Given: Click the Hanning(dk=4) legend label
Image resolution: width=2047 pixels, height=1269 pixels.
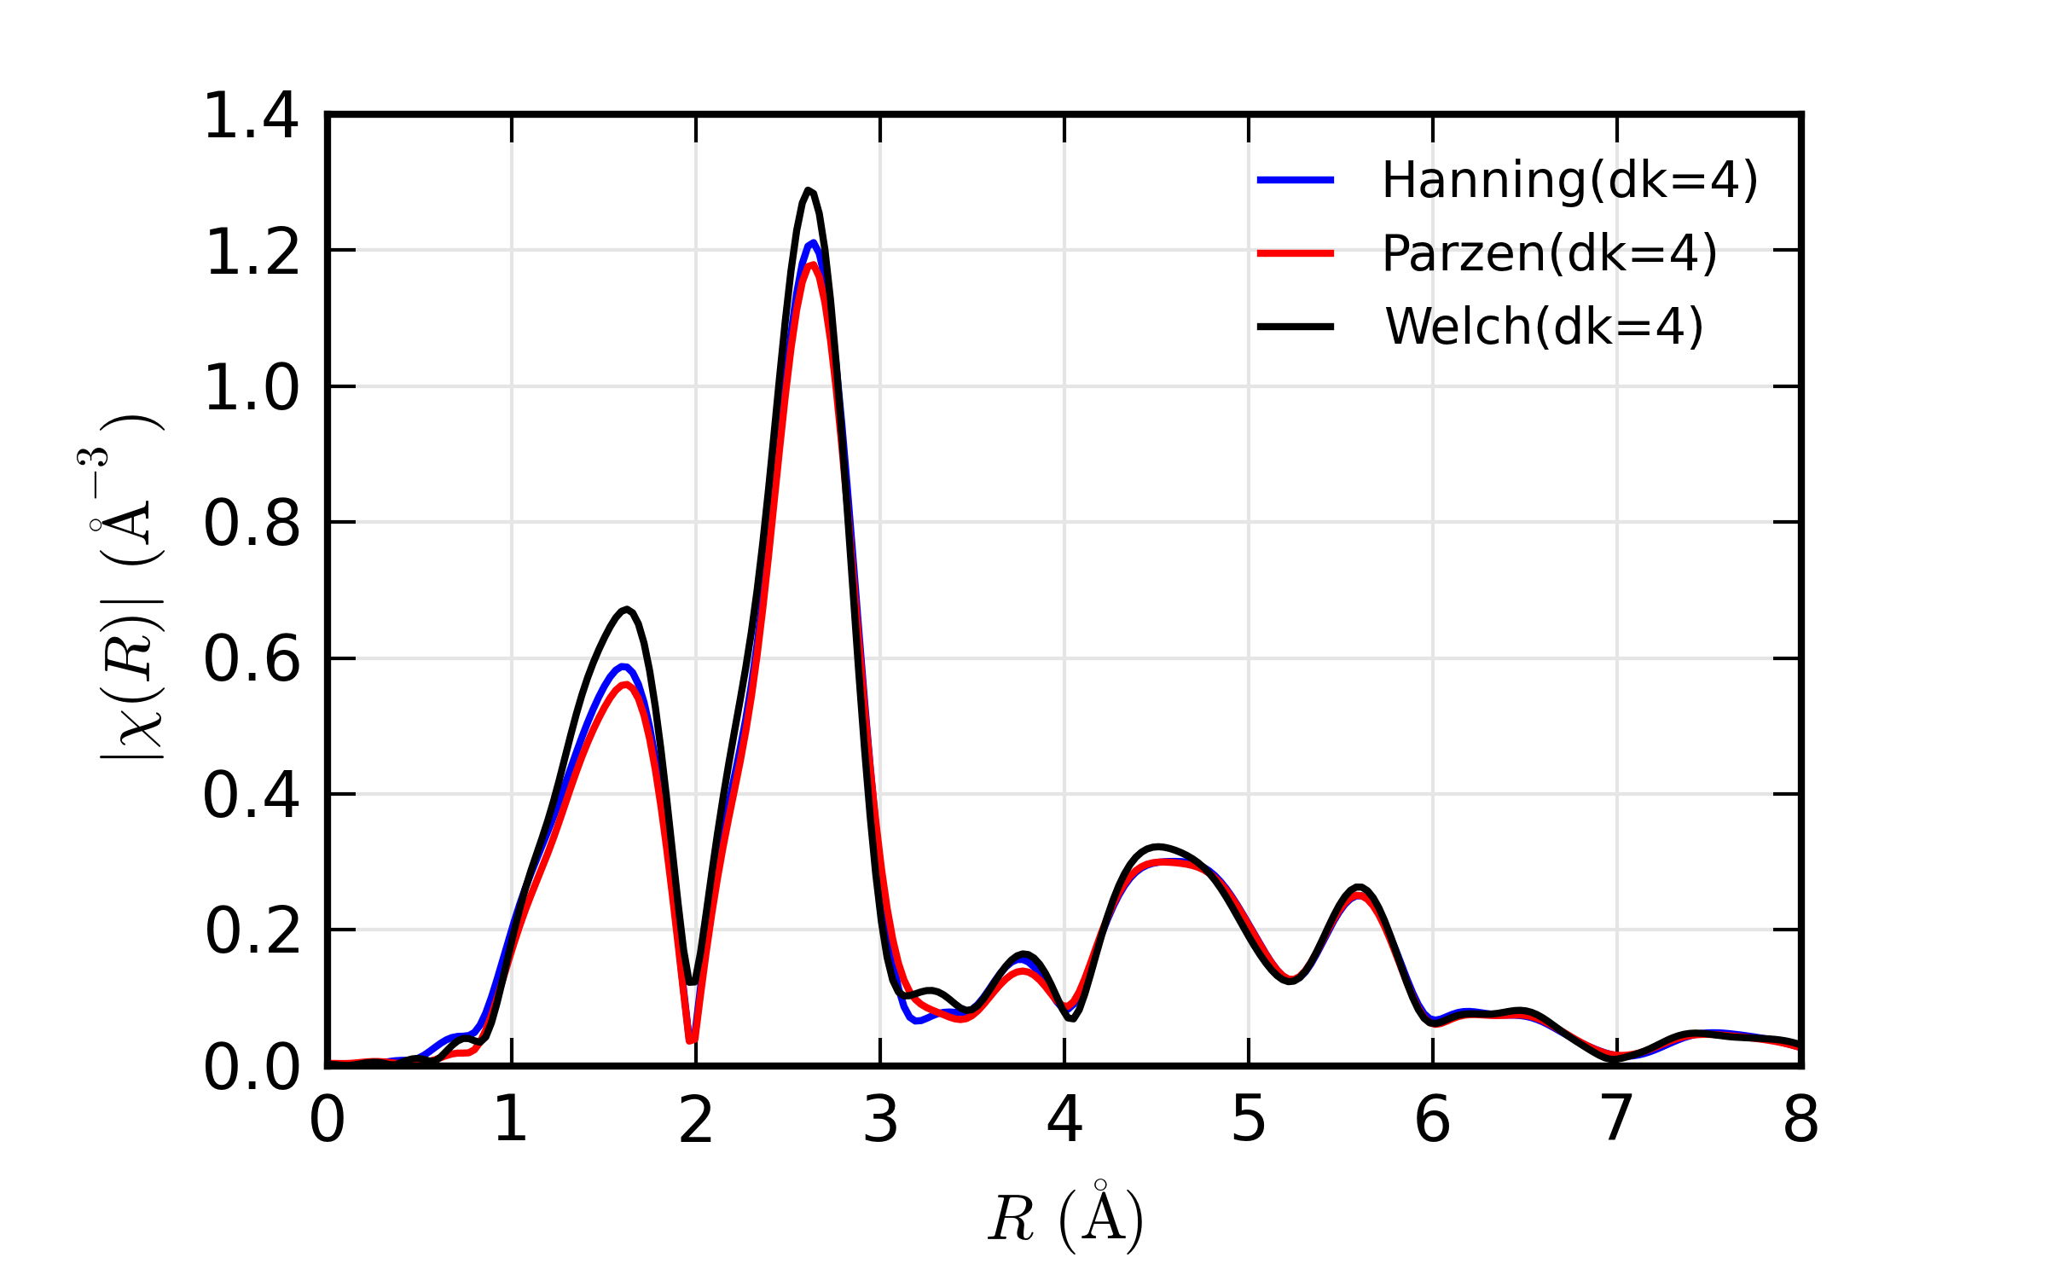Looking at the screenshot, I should [x=1569, y=180].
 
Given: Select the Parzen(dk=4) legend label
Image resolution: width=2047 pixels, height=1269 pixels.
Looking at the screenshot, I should [x=1549, y=253].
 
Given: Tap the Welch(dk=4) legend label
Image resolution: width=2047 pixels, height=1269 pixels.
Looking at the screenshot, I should [x=1544, y=327].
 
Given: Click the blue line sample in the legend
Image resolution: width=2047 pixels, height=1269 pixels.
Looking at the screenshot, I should [x=1295, y=180].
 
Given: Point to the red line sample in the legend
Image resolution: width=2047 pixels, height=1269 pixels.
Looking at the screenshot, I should [x=1295, y=253].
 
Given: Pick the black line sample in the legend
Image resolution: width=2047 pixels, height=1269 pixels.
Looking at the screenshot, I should [x=1295, y=327].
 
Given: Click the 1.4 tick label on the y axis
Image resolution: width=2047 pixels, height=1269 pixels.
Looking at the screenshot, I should [x=252, y=116].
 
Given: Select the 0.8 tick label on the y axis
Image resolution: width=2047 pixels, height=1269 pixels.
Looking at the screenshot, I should [x=252, y=524].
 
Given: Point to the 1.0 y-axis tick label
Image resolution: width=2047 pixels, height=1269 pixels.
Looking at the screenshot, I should [x=252, y=388].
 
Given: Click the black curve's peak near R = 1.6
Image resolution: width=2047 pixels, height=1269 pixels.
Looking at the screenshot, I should [x=627, y=609].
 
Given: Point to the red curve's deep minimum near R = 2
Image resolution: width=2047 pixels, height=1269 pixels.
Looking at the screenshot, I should [x=691, y=1040].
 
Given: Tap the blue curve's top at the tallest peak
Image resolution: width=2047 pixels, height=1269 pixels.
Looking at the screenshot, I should [x=814, y=243].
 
